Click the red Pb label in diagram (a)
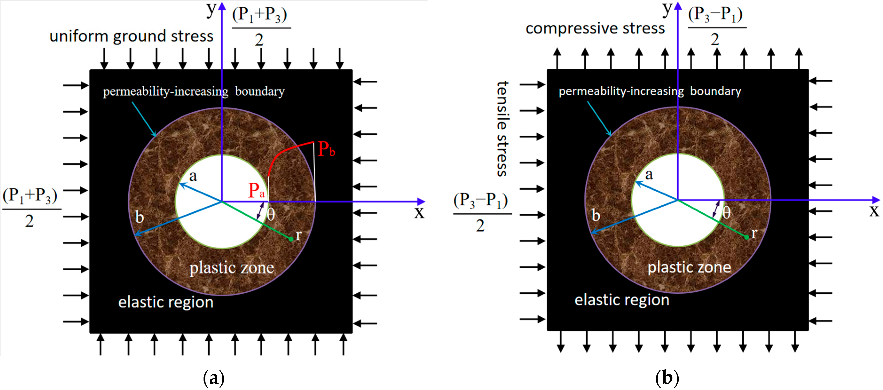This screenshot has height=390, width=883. click(x=326, y=149)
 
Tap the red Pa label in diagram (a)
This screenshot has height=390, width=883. click(x=256, y=190)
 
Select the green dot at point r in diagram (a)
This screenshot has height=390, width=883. click(x=291, y=239)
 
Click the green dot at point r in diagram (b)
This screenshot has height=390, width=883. click(x=747, y=237)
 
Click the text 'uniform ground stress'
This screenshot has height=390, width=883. click(x=131, y=36)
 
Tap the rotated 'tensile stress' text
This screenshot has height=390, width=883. click(x=502, y=129)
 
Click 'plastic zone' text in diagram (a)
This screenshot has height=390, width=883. click(x=232, y=268)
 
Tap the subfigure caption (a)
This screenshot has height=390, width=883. click(x=214, y=378)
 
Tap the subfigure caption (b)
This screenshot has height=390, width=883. click(x=667, y=378)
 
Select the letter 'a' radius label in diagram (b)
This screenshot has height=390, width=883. click(x=649, y=175)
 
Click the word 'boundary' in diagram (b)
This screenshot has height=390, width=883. click(x=715, y=91)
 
